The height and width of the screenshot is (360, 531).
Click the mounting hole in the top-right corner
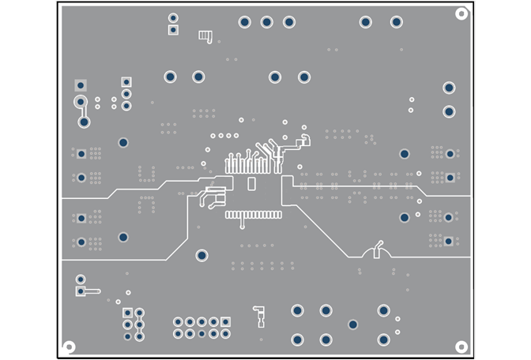[x=461, y=13]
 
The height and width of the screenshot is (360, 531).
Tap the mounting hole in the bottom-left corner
[x=69, y=347]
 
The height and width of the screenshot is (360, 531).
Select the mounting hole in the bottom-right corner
[x=461, y=347]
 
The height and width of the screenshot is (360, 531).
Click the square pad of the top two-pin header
[x=173, y=30]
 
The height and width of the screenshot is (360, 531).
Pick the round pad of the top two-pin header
[x=173, y=17]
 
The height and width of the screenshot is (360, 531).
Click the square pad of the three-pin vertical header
[x=126, y=81]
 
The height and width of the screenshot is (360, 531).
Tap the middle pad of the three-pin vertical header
[x=126, y=94]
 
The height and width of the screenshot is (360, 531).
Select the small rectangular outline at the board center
[x=251, y=184]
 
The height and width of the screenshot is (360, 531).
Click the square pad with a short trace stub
[x=81, y=291]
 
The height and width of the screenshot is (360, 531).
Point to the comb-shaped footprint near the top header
[x=205, y=35]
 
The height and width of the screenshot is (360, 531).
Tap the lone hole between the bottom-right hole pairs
[x=353, y=324]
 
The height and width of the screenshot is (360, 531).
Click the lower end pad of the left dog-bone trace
[x=84, y=122]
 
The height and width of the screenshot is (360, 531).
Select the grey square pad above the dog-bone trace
[x=80, y=85]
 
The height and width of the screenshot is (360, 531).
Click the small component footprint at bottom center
[x=258, y=315]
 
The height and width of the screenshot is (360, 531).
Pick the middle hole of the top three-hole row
[x=267, y=22]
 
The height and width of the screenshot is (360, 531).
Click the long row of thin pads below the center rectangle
[x=253, y=215]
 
